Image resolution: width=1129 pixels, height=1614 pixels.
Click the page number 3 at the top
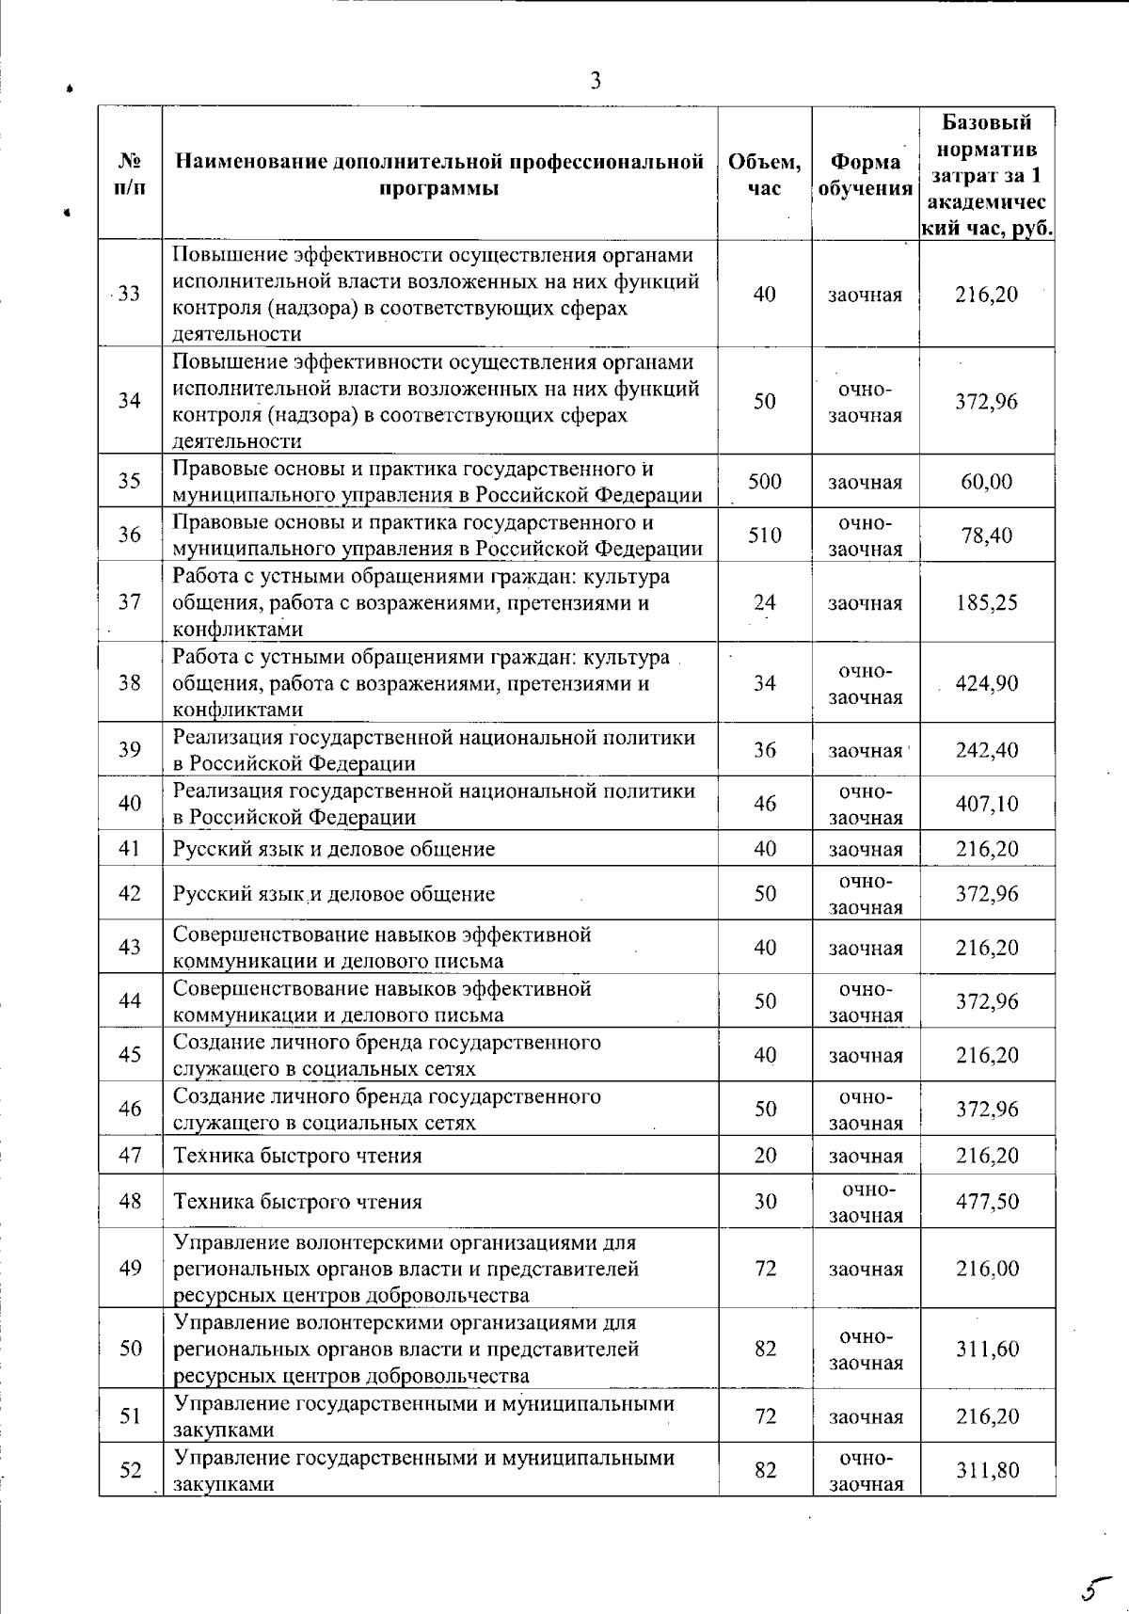(x=595, y=81)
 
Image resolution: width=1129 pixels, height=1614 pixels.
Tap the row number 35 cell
(x=130, y=481)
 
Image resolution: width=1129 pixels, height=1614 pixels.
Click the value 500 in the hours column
(x=765, y=482)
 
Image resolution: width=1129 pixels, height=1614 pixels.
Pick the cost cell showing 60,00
(x=987, y=482)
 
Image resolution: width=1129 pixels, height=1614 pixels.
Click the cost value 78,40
(x=987, y=535)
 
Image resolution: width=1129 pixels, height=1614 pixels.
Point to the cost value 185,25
(x=987, y=602)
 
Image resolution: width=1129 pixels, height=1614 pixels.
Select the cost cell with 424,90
(x=987, y=683)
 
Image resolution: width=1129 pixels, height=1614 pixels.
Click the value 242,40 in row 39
(x=987, y=750)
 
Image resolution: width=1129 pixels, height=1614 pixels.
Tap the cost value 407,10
(x=987, y=804)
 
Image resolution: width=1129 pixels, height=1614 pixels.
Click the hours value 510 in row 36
(x=765, y=535)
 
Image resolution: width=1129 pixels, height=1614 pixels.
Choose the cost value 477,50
(x=987, y=1202)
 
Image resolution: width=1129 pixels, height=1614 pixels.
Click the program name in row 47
(x=297, y=1156)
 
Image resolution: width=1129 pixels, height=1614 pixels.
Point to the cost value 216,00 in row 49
(x=987, y=1269)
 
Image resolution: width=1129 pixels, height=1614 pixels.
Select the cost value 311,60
(x=987, y=1350)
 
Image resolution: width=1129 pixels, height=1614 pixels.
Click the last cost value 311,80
(x=987, y=1470)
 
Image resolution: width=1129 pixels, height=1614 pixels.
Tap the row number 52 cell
(x=130, y=1469)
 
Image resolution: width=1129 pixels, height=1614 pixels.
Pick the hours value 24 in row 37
(x=765, y=602)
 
